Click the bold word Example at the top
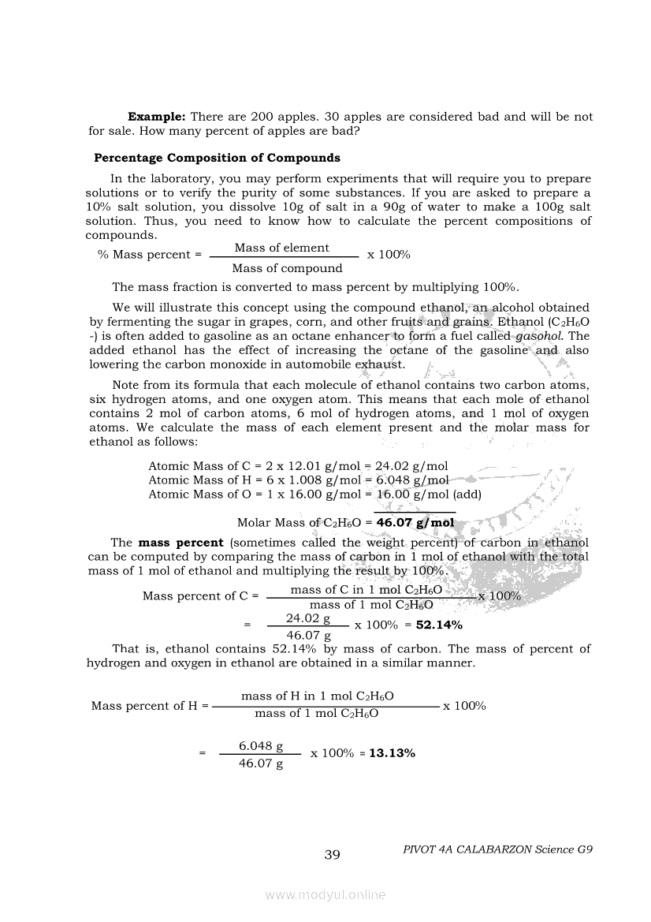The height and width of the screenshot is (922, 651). tap(156, 116)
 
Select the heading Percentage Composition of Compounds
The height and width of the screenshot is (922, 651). tap(217, 158)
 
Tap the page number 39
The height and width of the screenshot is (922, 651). tap(332, 855)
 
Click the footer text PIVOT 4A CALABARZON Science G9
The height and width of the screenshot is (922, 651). tap(497, 849)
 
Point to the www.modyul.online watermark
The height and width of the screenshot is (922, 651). tap(325, 895)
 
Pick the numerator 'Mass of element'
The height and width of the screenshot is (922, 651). tap(281, 248)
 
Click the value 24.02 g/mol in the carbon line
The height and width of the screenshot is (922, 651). tap(411, 466)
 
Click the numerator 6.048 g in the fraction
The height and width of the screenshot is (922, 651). tap(261, 745)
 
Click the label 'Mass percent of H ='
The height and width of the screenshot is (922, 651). tap(150, 706)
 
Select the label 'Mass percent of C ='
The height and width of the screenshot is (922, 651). tap(200, 596)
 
